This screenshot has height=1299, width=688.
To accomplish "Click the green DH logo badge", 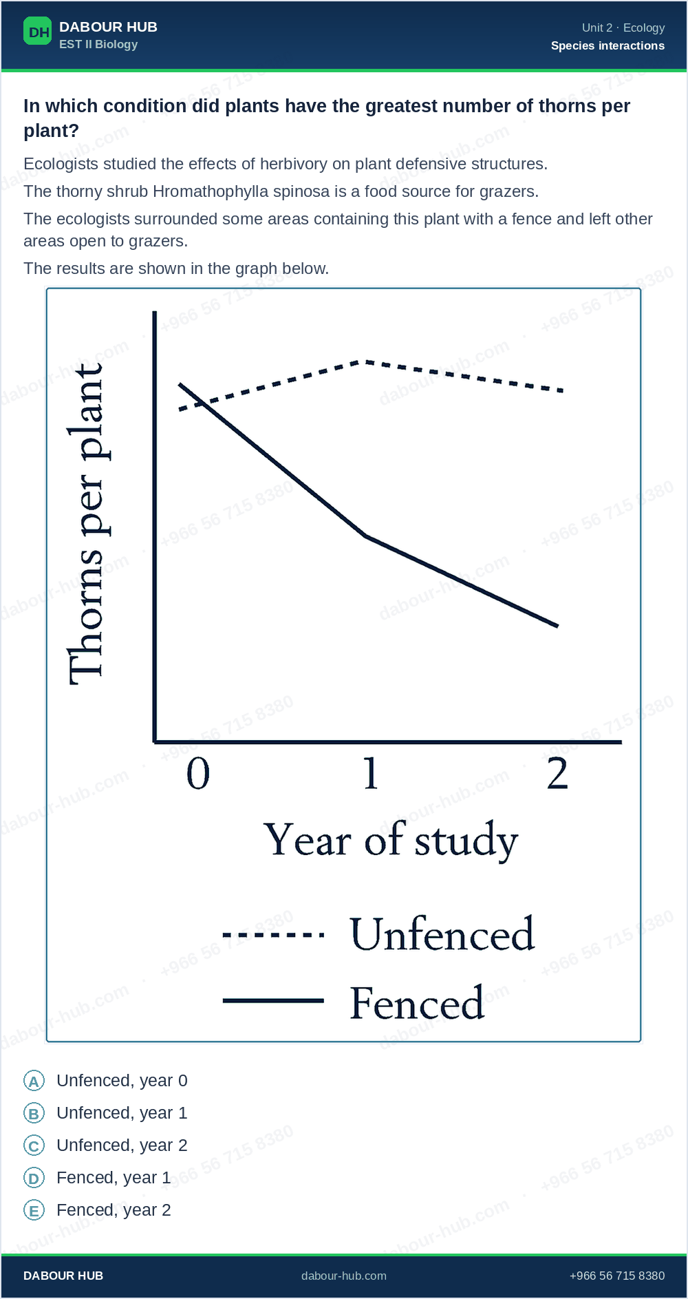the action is pyautogui.click(x=37, y=31).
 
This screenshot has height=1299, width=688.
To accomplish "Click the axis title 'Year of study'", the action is pyautogui.click(x=391, y=841).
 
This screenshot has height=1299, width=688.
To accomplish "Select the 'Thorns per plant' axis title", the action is pyautogui.click(x=87, y=524).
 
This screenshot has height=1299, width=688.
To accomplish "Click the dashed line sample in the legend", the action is pyautogui.click(x=273, y=935).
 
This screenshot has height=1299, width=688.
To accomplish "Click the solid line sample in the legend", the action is pyautogui.click(x=273, y=1000).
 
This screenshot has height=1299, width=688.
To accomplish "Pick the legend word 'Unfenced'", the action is pyautogui.click(x=442, y=934).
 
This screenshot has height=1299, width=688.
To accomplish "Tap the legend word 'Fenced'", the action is pyautogui.click(x=417, y=1002).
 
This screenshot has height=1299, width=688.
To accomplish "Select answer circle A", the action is pyautogui.click(x=34, y=1081).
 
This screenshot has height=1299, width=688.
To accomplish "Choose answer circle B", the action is pyautogui.click(x=34, y=1113).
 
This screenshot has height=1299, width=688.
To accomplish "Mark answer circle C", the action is pyautogui.click(x=34, y=1145).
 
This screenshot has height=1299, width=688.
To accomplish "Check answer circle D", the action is pyautogui.click(x=34, y=1178).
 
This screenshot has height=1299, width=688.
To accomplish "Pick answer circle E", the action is pyautogui.click(x=34, y=1210).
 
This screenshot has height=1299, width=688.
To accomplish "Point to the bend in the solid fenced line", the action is pyautogui.click(x=366, y=536).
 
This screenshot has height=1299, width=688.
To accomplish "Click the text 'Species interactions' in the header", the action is pyautogui.click(x=608, y=45).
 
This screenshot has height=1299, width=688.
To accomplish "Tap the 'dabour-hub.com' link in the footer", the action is pyautogui.click(x=344, y=1276).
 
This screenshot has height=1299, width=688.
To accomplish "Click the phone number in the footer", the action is pyautogui.click(x=617, y=1276).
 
